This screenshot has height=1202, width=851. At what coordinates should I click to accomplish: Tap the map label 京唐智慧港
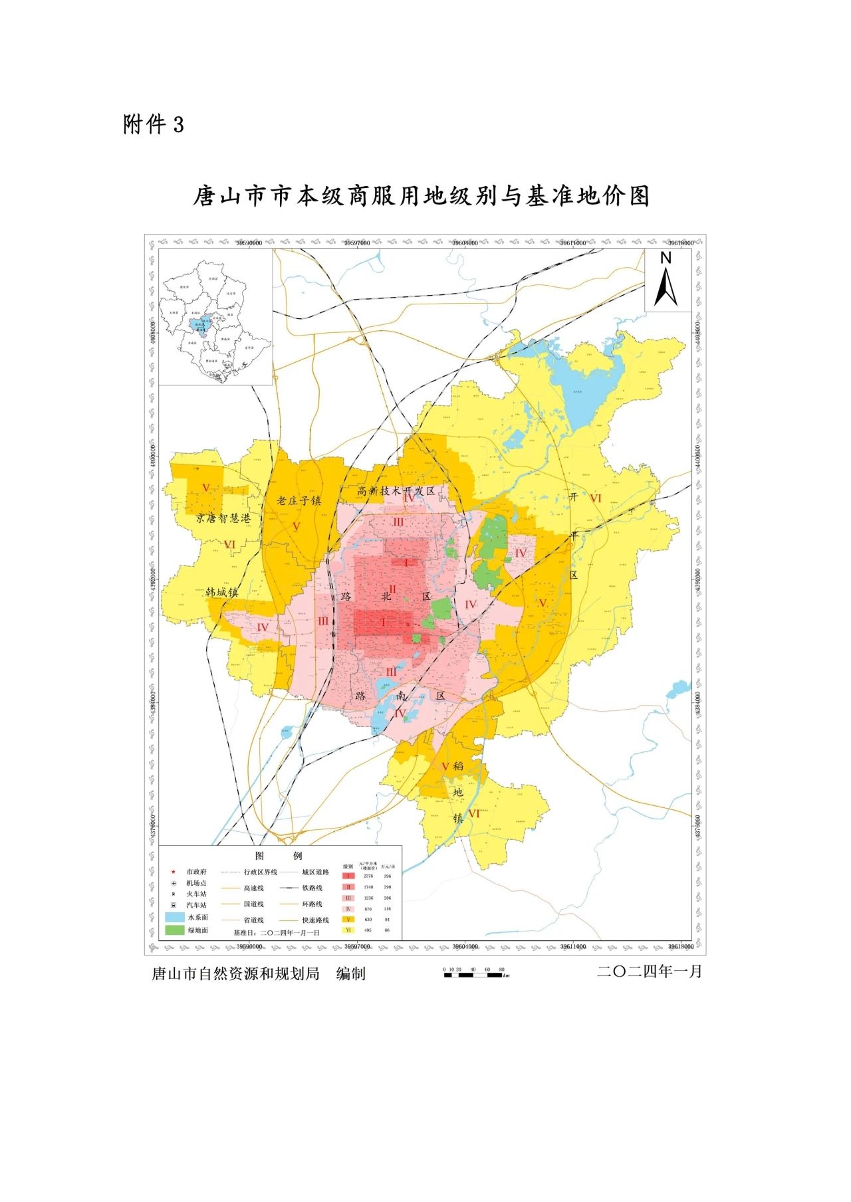point(223,518)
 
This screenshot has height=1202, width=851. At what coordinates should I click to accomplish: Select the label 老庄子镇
point(299,500)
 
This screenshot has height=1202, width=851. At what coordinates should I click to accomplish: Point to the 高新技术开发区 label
point(396,491)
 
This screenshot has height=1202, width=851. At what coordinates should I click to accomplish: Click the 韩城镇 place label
point(221,591)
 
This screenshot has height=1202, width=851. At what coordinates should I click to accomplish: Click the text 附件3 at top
point(153,124)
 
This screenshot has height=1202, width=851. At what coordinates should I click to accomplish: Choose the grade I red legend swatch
point(348,876)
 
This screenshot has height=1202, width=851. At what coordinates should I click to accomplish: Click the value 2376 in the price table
point(368,876)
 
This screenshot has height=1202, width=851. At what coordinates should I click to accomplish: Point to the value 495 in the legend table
point(368,930)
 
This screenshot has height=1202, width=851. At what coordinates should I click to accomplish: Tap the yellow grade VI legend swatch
point(348,930)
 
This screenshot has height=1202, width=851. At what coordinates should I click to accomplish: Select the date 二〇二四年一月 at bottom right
point(650,971)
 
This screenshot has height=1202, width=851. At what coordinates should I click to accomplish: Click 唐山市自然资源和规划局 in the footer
point(235,974)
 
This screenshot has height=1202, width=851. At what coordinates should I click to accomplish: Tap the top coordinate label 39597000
point(357,243)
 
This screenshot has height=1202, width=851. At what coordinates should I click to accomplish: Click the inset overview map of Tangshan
point(215,318)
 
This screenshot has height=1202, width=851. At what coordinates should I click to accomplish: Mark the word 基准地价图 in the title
point(586,197)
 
